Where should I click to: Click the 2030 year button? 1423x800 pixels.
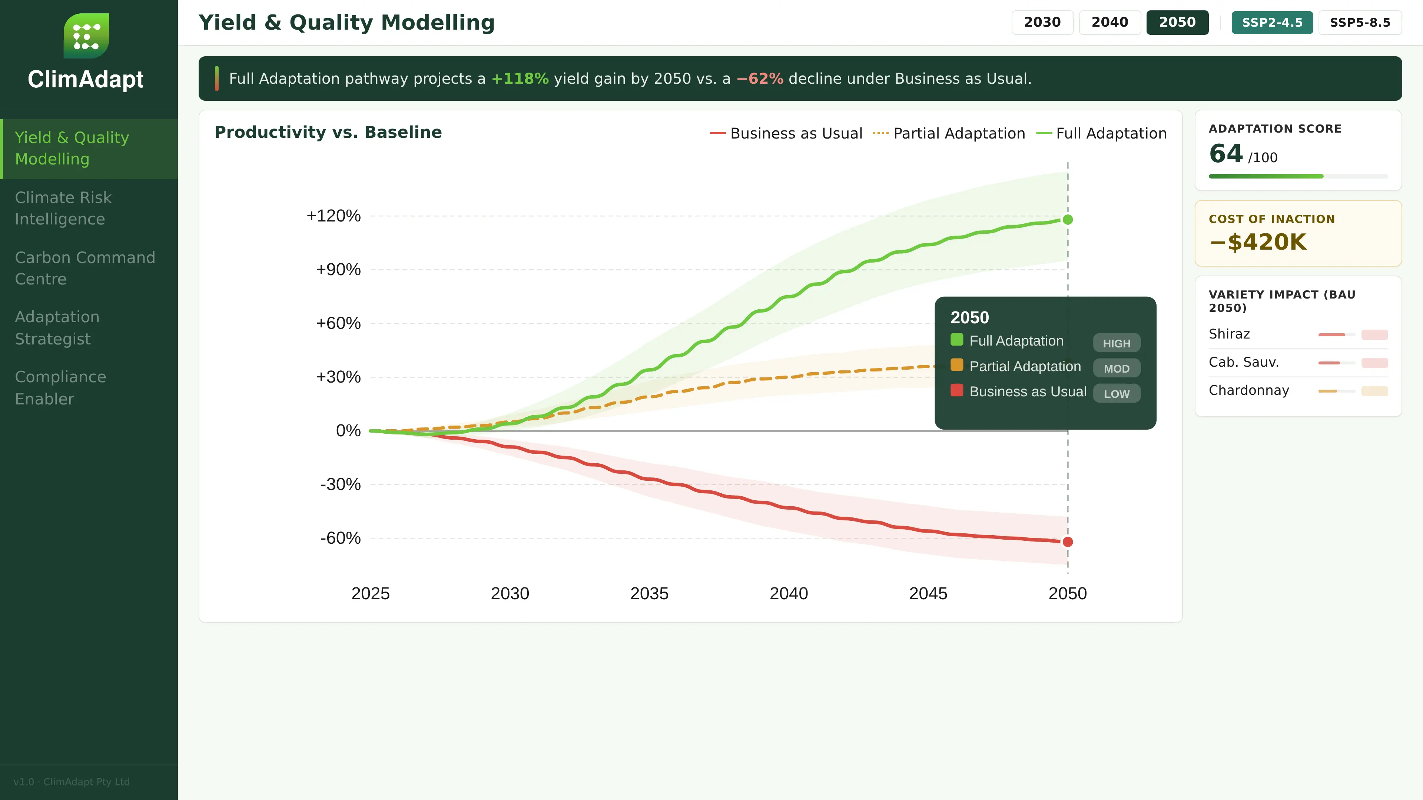click(x=1042, y=23)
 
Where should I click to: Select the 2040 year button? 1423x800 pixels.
click(x=1109, y=23)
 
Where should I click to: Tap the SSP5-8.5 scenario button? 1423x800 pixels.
click(x=1360, y=23)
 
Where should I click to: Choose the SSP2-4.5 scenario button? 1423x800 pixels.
click(x=1272, y=23)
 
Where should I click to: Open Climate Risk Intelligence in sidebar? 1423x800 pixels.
click(x=63, y=208)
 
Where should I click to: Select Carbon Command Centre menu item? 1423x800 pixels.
click(x=84, y=268)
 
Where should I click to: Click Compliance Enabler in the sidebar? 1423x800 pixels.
click(x=60, y=387)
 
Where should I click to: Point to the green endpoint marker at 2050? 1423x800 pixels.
click(x=1067, y=220)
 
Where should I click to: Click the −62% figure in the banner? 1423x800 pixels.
click(x=760, y=79)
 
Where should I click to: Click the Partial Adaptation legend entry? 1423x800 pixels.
click(x=949, y=134)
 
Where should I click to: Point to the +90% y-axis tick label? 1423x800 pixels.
click(x=338, y=269)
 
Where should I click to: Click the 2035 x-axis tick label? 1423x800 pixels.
click(x=649, y=593)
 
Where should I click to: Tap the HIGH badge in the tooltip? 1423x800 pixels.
click(x=1116, y=343)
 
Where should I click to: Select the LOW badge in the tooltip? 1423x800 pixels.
click(x=1116, y=394)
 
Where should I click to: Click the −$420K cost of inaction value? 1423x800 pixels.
click(x=1257, y=242)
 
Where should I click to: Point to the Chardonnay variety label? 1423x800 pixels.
click(x=1248, y=390)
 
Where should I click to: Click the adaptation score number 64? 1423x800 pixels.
click(x=1225, y=153)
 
